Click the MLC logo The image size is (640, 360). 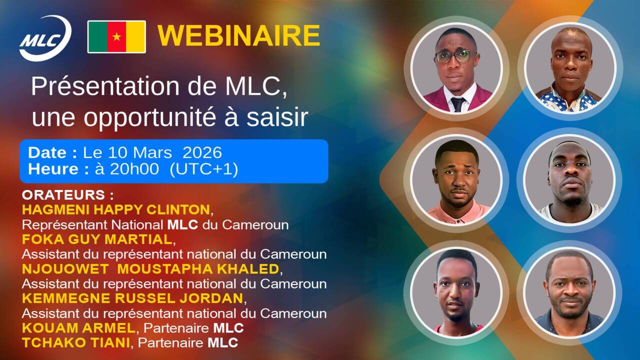45,38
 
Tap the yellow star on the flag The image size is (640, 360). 116,36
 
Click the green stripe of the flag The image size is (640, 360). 97,37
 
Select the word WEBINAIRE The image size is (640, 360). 239,35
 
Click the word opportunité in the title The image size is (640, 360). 149,117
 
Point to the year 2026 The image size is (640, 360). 202,152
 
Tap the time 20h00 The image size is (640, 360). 134,168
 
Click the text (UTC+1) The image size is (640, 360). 203,169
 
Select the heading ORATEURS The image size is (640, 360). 63,195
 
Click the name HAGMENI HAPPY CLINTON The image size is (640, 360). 116,209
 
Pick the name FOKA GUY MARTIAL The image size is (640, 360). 97,239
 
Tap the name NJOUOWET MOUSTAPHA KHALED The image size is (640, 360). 150,269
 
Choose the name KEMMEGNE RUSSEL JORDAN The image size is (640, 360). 132,298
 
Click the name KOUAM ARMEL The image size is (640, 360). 78,328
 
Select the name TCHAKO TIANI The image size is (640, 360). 76,343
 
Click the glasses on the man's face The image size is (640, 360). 455,56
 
